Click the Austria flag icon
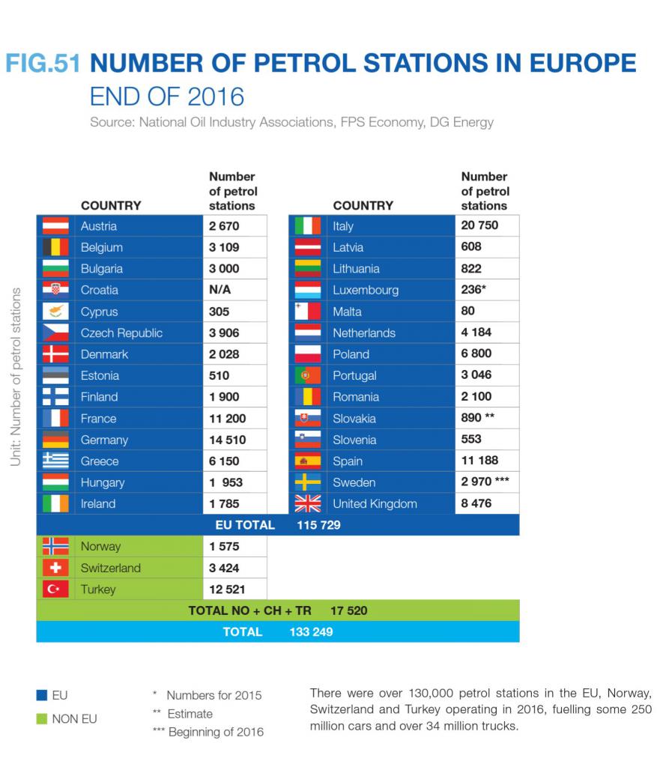[55, 226]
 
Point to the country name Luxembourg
[366, 290]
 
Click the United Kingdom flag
[307, 503]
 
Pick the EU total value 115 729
[318, 525]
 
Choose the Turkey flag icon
[55, 589]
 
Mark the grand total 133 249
[311, 631]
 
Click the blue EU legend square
[43, 695]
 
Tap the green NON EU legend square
[43, 719]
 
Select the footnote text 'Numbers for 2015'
[214, 695]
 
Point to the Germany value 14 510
[227, 440]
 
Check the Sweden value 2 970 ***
[485, 482]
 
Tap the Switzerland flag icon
[55, 568]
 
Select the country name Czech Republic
[121, 333]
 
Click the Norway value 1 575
[224, 547]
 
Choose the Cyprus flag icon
[55, 312]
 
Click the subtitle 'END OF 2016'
[167, 97]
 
